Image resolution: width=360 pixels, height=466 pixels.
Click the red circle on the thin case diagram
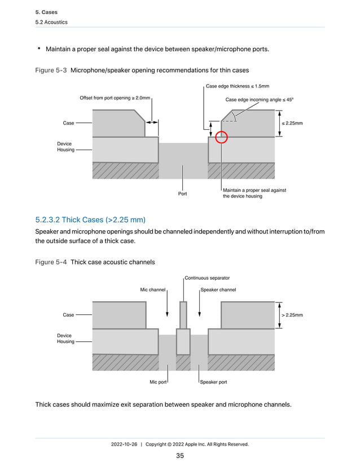click(222, 137)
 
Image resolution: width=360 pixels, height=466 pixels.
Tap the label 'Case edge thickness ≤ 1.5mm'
click(237, 86)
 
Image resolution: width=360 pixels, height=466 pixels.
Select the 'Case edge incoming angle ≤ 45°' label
click(260, 99)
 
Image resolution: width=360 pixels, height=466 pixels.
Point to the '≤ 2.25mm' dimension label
click(292, 122)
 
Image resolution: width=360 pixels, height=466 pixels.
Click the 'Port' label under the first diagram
click(182, 195)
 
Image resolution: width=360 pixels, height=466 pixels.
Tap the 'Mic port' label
click(157, 382)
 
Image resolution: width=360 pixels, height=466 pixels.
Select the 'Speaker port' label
click(214, 382)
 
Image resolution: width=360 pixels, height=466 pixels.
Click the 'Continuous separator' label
click(207, 278)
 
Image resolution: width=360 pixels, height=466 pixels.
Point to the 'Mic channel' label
click(152, 290)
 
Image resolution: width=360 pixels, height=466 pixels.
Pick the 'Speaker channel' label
click(218, 290)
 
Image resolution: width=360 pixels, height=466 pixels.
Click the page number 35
click(180, 456)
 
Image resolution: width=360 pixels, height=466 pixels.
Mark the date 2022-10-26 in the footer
click(125, 445)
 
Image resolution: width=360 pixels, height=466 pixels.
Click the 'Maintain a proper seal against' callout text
click(254, 190)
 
